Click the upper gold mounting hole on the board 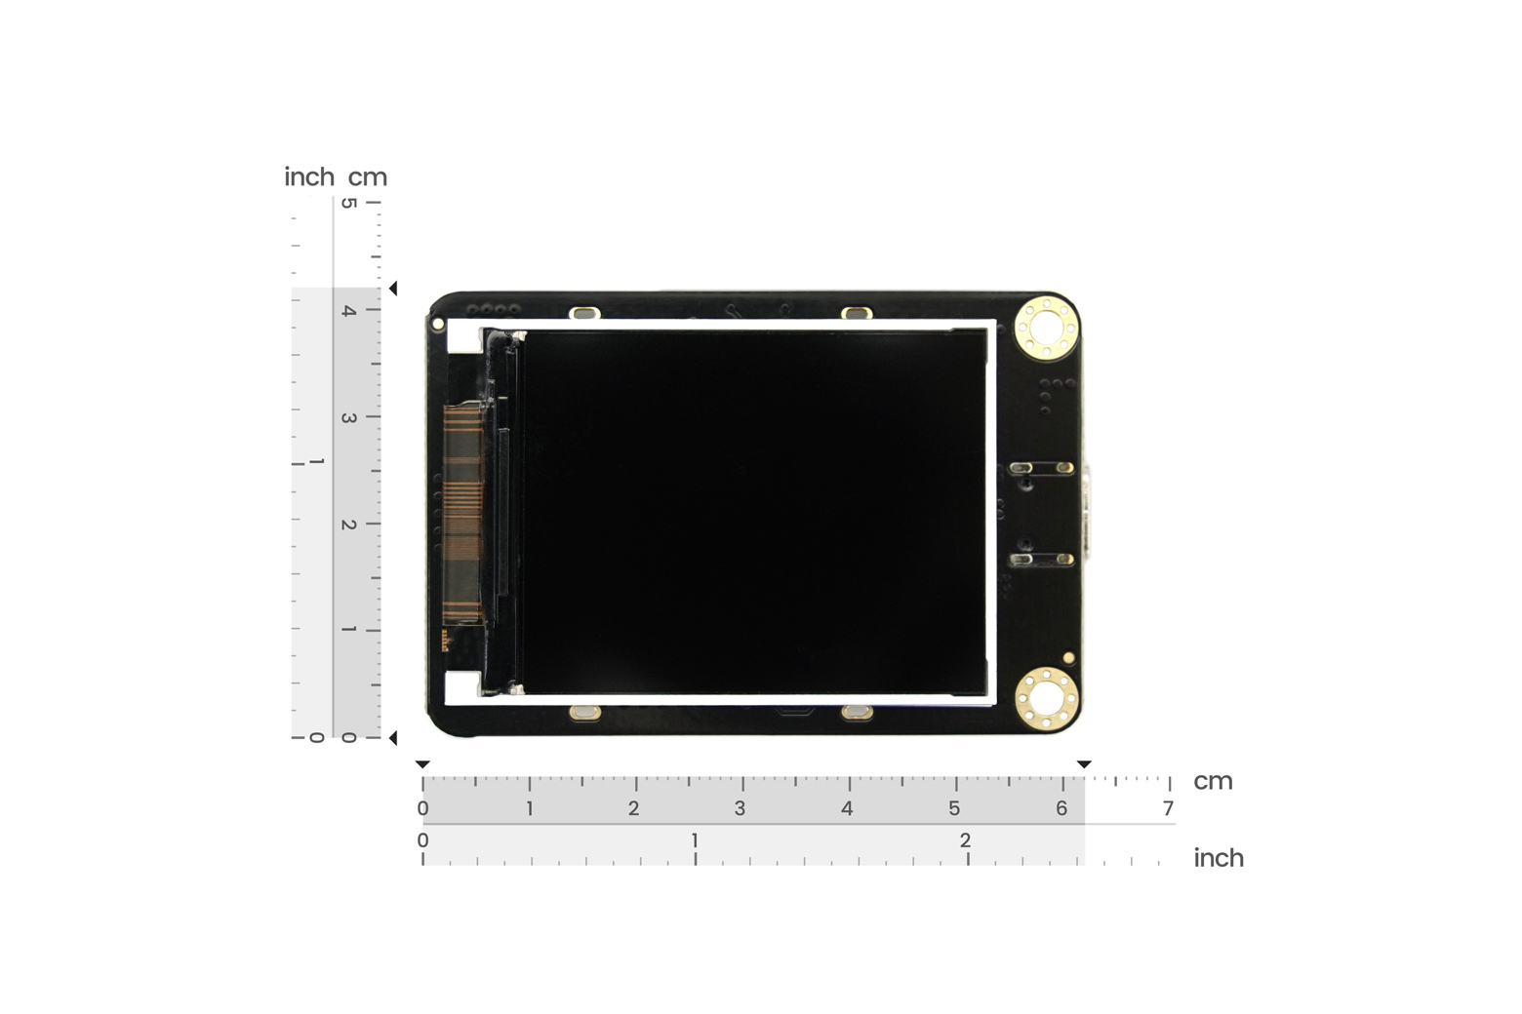pyautogui.click(x=1046, y=328)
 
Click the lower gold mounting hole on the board pyautogui.click(x=1046, y=699)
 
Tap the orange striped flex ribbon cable pyautogui.click(x=463, y=514)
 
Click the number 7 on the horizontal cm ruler pyautogui.click(x=1168, y=808)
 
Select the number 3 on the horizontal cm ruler pyautogui.click(x=740, y=808)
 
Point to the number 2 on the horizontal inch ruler pyautogui.click(x=965, y=840)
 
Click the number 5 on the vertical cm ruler pyautogui.click(x=348, y=203)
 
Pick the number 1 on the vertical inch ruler pyautogui.click(x=316, y=462)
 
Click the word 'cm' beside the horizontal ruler pyautogui.click(x=1213, y=781)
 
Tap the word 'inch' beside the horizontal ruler pyautogui.click(x=1219, y=858)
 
